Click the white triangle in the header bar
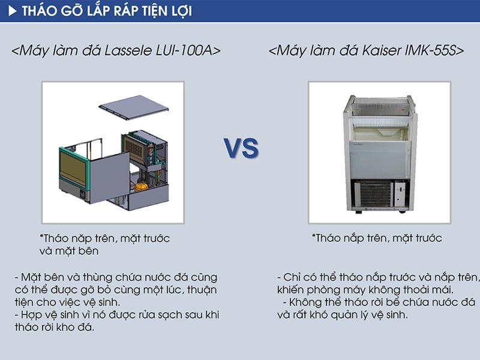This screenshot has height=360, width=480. (12, 11)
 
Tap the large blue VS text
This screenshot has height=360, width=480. (241, 148)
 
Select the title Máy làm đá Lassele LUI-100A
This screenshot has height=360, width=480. (116, 51)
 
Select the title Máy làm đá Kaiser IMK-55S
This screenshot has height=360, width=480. (367, 51)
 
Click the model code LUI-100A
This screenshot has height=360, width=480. (193, 51)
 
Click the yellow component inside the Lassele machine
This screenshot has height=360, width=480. (142, 186)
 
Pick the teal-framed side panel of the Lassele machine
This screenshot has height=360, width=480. (74, 171)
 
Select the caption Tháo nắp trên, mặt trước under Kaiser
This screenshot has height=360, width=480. (377, 238)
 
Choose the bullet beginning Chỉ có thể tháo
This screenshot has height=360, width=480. (378, 284)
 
